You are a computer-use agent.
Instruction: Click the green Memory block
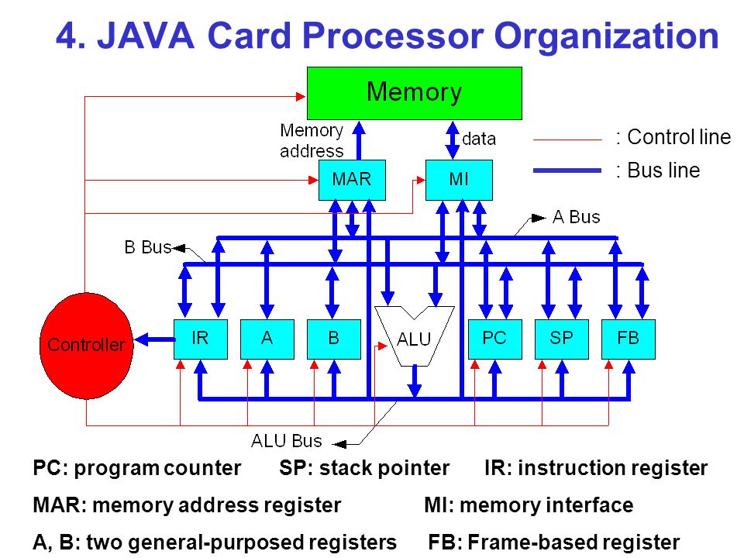point(414,93)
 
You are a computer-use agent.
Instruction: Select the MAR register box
point(352,180)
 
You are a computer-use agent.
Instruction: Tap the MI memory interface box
point(459,180)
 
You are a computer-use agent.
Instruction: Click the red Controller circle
point(86,346)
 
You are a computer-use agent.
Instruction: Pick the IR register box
point(200,339)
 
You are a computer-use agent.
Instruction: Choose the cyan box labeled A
point(267,339)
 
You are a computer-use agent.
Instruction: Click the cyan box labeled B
point(333,339)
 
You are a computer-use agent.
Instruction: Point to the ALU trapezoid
point(414,338)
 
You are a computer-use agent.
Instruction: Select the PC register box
point(495,339)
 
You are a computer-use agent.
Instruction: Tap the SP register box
point(561,339)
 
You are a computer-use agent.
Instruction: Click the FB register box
point(629,339)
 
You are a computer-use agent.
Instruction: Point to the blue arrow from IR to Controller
point(155,339)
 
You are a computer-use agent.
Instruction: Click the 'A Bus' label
point(576,217)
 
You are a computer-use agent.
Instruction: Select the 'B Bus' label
point(147,247)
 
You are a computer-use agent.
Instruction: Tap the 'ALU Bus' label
point(286,441)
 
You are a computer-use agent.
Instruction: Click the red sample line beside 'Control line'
point(567,140)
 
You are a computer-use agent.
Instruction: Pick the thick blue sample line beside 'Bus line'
point(567,170)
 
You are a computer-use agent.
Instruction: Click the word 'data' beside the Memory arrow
point(479,139)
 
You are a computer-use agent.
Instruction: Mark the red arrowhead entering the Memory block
point(301,97)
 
